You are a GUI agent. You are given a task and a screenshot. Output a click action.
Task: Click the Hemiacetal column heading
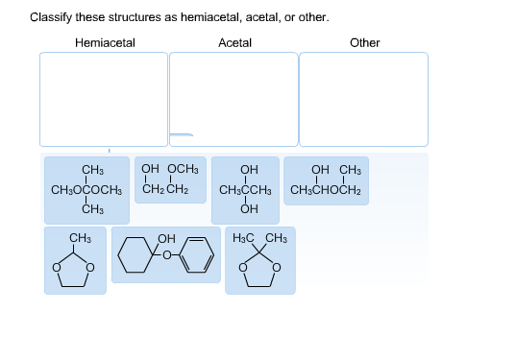tap(105, 42)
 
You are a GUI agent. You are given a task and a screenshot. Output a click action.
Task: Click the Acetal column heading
tap(234, 42)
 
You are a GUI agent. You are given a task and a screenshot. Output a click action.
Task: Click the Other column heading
tap(364, 42)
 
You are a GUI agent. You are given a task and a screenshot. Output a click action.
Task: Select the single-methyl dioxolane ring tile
tap(75, 260)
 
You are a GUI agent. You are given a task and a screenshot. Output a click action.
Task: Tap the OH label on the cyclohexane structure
tap(165, 238)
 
